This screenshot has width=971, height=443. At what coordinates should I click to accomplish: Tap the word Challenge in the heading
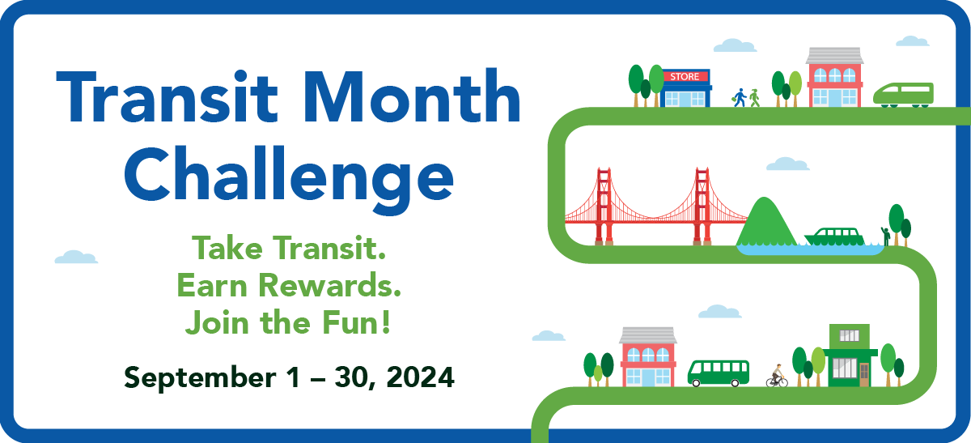[x=289, y=176]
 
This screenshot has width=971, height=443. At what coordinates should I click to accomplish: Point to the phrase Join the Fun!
[x=289, y=322]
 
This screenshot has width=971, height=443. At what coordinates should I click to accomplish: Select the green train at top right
[x=903, y=93]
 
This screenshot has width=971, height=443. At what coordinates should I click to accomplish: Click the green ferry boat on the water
[x=834, y=236]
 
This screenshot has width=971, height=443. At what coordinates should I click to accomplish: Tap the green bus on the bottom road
[x=718, y=373]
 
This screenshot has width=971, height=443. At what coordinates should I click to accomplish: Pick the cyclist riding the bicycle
[x=777, y=376]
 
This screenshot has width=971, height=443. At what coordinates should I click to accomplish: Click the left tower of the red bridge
[x=604, y=206]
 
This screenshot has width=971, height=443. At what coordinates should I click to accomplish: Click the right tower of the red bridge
[x=702, y=206]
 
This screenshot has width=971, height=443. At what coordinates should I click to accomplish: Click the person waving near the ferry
[x=886, y=235]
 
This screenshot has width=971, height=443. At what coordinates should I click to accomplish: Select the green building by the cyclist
[x=850, y=356]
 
